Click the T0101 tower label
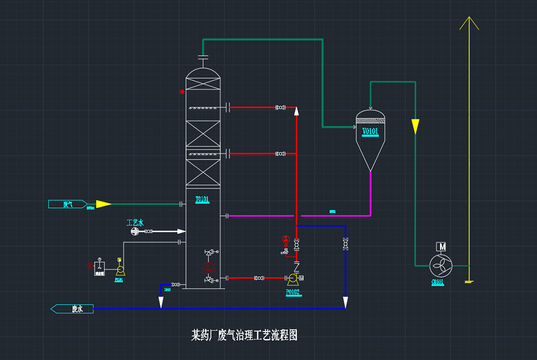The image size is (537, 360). (202, 199)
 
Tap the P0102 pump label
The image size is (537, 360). (293, 292)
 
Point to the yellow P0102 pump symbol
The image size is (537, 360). (293, 278)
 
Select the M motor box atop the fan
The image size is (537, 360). (442, 247)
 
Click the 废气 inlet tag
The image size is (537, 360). (68, 204)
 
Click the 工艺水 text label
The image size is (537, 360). (135, 222)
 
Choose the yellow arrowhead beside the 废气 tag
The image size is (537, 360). (103, 204)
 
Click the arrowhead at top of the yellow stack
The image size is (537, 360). (469, 23)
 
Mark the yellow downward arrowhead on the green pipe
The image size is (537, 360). (415, 126)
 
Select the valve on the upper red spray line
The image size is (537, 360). (280, 108)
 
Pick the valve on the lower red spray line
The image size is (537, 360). (280, 154)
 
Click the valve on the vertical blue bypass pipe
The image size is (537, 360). (345, 243)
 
